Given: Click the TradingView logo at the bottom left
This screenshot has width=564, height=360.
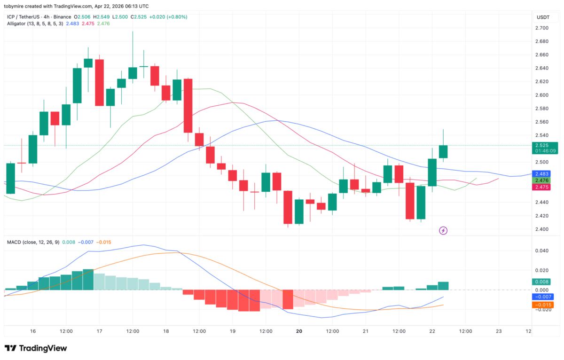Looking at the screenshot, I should click(36, 348).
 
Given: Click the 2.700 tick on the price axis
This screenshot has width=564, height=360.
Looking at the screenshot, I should click(542, 28).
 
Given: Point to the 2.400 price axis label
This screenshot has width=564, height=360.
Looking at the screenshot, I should click(542, 229).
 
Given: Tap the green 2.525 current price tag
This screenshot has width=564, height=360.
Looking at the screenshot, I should click(543, 145).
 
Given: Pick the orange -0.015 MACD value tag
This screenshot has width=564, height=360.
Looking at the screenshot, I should click(543, 305).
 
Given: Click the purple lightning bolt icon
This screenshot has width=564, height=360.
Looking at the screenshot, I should click(443, 230).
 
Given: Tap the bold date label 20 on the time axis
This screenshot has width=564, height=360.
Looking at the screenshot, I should click(299, 331).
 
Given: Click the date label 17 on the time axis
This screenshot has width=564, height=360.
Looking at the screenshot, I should click(100, 331).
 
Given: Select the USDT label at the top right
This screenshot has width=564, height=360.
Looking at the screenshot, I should click(543, 17).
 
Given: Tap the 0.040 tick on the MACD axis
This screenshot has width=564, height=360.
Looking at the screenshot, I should click(542, 250).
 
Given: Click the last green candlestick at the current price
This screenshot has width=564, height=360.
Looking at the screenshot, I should click(443, 151).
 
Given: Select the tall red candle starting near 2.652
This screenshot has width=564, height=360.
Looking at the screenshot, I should click(100, 82).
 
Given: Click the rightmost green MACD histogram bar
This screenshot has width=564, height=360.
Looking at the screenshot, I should click(443, 286).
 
